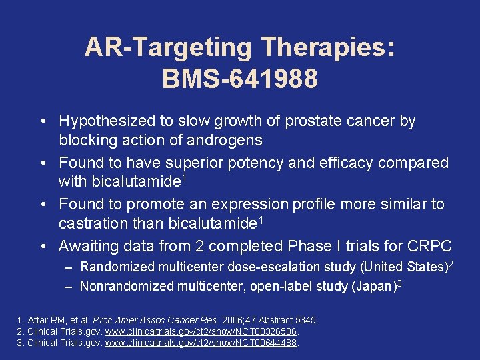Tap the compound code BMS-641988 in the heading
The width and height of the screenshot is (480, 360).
239,78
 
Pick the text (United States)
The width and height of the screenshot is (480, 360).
406,267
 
